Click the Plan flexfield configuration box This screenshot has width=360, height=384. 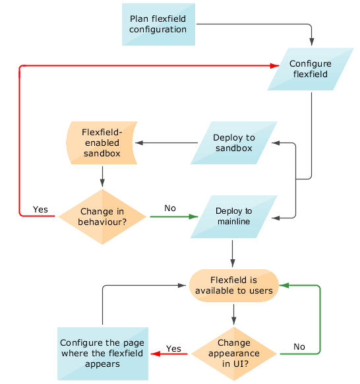[158, 24]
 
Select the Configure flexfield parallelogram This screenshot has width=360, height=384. [309, 69]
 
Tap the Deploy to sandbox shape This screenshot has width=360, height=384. [233, 143]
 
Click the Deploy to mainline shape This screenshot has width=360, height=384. [233, 216]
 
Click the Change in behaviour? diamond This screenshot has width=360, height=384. [102, 216]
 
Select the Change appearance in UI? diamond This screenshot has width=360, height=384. [233, 353]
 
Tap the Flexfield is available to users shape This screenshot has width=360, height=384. [233, 286]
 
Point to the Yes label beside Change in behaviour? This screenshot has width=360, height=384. [40, 209]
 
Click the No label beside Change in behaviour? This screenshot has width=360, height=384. [170, 208]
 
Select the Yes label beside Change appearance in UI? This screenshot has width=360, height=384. [173, 348]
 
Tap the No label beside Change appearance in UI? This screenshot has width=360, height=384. [299, 346]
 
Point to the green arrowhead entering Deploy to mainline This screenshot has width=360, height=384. [193, 216]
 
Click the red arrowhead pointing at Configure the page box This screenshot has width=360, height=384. [156, 354]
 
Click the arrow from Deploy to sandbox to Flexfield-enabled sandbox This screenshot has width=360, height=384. [168, 143]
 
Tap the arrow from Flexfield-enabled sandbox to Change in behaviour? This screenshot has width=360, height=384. [102, 176]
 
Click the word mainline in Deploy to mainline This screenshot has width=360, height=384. [233, 222]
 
